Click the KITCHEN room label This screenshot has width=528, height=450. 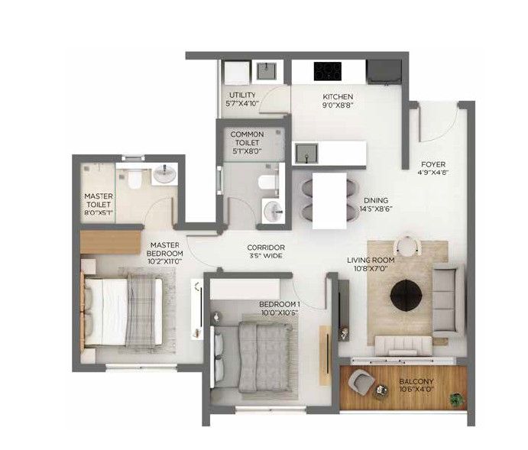coord(338,97)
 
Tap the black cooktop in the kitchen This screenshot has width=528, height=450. coord(328,71)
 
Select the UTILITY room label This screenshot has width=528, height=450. coord(242,96)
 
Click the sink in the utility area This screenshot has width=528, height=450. coord(267,71)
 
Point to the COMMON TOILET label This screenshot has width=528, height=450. coord(247,138)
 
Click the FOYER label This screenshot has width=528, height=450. coord(433,164)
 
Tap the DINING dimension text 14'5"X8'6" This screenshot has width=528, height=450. coord(376,209)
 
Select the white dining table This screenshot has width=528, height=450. coord(329,201)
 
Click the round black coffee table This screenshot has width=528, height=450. coord(406,295)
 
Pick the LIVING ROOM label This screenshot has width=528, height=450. coord(371,261)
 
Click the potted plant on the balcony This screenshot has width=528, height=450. coord(456,400)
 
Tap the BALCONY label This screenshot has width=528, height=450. coord(416,382)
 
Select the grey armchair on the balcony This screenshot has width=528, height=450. coord(361,383)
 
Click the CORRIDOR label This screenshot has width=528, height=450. coord(266,248)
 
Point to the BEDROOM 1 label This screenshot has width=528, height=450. coord(280,304)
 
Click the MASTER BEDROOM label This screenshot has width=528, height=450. coord(164,249)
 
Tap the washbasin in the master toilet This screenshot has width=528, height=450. coord(164,173)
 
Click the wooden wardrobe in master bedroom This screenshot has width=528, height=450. coord(111,241)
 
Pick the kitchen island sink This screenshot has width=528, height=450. coord(306,153)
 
